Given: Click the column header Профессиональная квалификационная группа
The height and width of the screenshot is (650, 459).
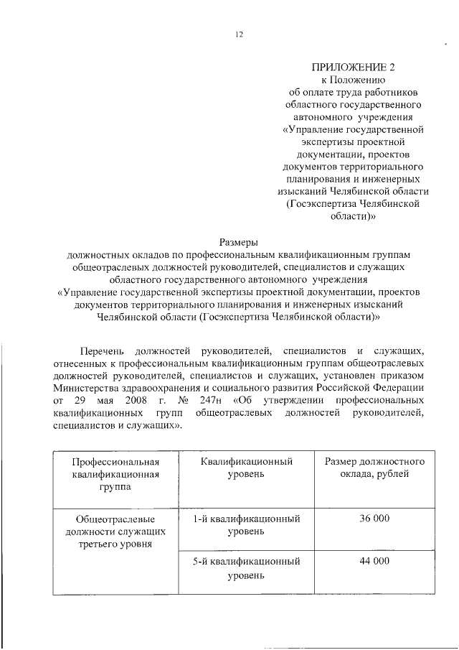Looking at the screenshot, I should [x=114, y=473].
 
